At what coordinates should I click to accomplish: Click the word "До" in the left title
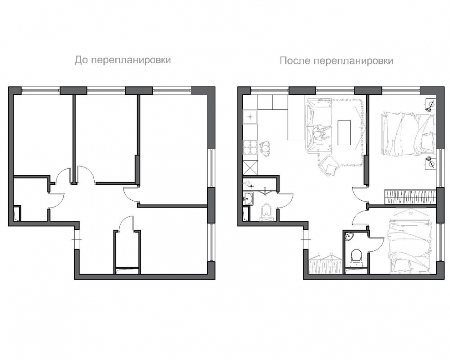point(80,60)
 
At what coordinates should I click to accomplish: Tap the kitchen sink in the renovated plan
point(251,117)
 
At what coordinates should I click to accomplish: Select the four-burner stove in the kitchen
point(251,147)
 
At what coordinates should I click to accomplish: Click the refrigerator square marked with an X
point(251,167)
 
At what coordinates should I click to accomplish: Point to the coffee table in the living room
point(344,132)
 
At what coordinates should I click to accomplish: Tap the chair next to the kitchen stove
point(266,149)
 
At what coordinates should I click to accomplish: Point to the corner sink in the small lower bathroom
point(350,236)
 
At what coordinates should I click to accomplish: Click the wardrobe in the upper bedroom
point(410,197)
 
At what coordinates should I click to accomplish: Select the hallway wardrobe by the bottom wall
point(326,263)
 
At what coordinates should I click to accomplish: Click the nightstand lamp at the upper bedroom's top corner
point(430,104)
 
